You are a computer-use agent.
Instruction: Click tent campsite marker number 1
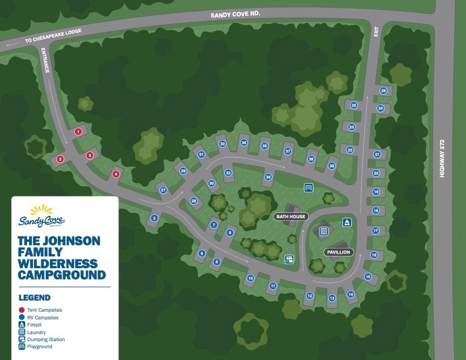click(78, 132)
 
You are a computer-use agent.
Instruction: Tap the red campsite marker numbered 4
click(116, 174)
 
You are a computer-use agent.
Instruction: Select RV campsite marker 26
click(383, 91)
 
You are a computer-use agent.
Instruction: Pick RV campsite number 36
click(268, 176)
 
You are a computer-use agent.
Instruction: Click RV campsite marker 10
click(250, 278)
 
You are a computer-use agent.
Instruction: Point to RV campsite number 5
click(155, 218)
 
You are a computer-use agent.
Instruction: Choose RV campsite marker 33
click(222, 144)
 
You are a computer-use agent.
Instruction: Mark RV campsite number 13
click(332, 298)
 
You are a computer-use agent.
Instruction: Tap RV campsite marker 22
click(349, 150)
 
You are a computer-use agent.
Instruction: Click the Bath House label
click(291, 216)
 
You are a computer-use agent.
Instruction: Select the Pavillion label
click(338, 252)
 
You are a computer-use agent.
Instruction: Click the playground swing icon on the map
click(308, 187)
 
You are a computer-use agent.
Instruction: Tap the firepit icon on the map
click(346, 222)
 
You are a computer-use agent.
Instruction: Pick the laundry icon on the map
click(323, 232)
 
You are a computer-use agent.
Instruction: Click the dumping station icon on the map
click(289, 259)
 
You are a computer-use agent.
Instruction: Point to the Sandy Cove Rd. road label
click(235, 14)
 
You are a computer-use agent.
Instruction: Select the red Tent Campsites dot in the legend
click(21, 310)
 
